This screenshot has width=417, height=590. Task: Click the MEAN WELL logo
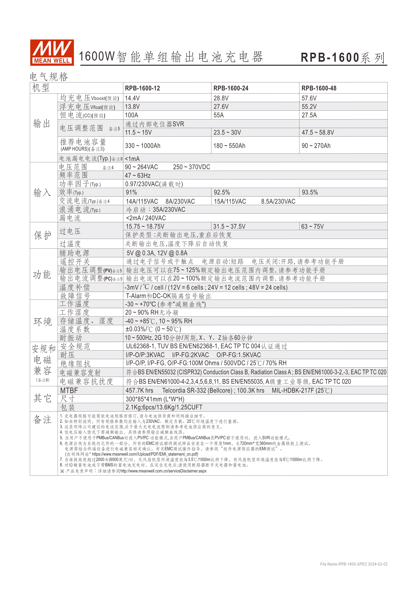point(52,52)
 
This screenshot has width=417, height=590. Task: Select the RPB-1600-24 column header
point(231,88)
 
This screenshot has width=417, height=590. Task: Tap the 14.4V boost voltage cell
point(132,98)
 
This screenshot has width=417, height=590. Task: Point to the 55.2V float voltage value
point(309,107)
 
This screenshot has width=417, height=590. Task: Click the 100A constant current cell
point(131,115)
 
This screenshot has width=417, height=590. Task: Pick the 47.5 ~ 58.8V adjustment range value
point(318,132)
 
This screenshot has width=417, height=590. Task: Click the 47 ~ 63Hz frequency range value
point(138,175)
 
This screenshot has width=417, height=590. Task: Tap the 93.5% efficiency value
point(310,192)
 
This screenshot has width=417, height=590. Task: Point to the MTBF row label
point(69,391)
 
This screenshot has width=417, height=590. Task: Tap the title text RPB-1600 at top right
point(330,58)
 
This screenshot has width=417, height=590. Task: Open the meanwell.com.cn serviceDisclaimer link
point(163,471)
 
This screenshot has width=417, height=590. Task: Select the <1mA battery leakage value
point(132,159)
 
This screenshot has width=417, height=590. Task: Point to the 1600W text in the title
point(96,57)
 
